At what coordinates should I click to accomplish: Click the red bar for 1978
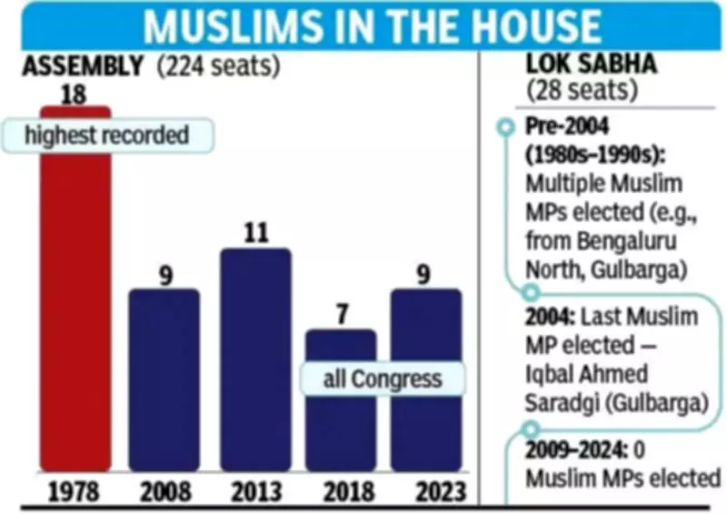tap(75, 309)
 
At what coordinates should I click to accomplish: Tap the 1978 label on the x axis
tap(75, 492)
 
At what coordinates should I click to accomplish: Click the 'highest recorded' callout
tap(106, 136)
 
